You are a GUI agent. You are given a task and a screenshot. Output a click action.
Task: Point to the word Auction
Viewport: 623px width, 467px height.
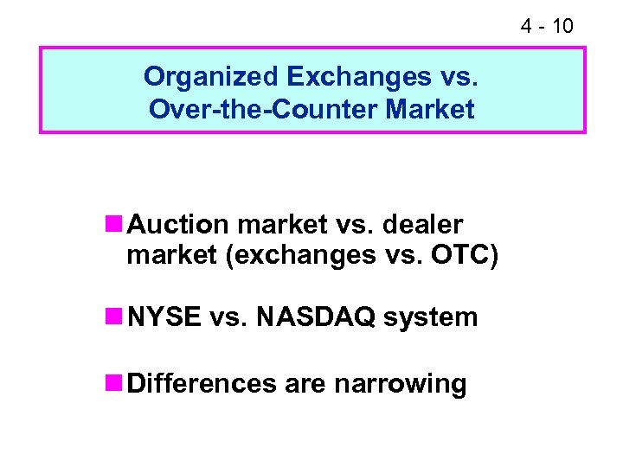click(x=178, y=225)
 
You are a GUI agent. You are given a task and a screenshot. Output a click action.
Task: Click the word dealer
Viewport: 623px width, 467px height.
click(x=425, y=225)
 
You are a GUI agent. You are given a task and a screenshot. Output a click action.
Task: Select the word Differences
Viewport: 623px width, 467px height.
click(x=202, y=383)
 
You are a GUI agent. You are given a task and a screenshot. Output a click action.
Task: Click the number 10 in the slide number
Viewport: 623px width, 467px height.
click(x=562, y=27)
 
